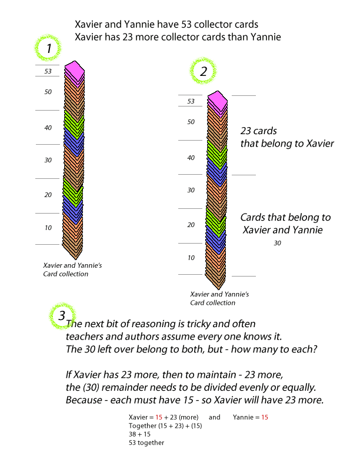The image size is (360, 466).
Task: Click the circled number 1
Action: point(49,48)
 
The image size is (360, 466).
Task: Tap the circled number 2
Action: point(204,71)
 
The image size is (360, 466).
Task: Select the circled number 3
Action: point(62,315)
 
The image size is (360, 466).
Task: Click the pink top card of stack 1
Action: point(75,71)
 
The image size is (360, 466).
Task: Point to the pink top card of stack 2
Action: point(218,101)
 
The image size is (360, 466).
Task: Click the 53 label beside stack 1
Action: point(48,71)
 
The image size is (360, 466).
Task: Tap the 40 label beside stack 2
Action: point(191,158)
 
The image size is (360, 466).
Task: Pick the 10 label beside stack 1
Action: point(48,228)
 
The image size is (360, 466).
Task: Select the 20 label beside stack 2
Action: point(191,225)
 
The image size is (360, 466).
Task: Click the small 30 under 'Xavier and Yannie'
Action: point(278,243)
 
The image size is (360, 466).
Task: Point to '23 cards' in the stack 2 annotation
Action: point(258,131)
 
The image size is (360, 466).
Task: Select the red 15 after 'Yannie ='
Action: point(265,417)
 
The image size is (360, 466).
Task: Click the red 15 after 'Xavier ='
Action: point(159,417)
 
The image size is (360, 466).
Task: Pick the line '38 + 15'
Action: point(139,434)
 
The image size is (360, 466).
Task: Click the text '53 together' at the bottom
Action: point(146,443)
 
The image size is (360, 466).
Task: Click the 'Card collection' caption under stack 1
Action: point(66,274)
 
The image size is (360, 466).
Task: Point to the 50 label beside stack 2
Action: point(191,122)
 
